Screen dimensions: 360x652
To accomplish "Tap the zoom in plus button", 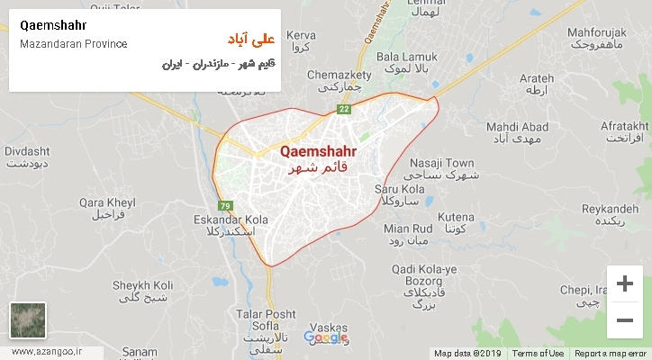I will tap(624, 284).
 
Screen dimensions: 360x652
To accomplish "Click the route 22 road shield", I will tap(343, 110).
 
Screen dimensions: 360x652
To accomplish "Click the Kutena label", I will tap(456, 217).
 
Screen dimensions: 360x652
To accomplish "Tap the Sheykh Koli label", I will tap(142, 285).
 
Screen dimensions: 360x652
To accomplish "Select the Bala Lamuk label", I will tap(406, 57).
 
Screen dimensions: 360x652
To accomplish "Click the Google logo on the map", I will tap(326, 338).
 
